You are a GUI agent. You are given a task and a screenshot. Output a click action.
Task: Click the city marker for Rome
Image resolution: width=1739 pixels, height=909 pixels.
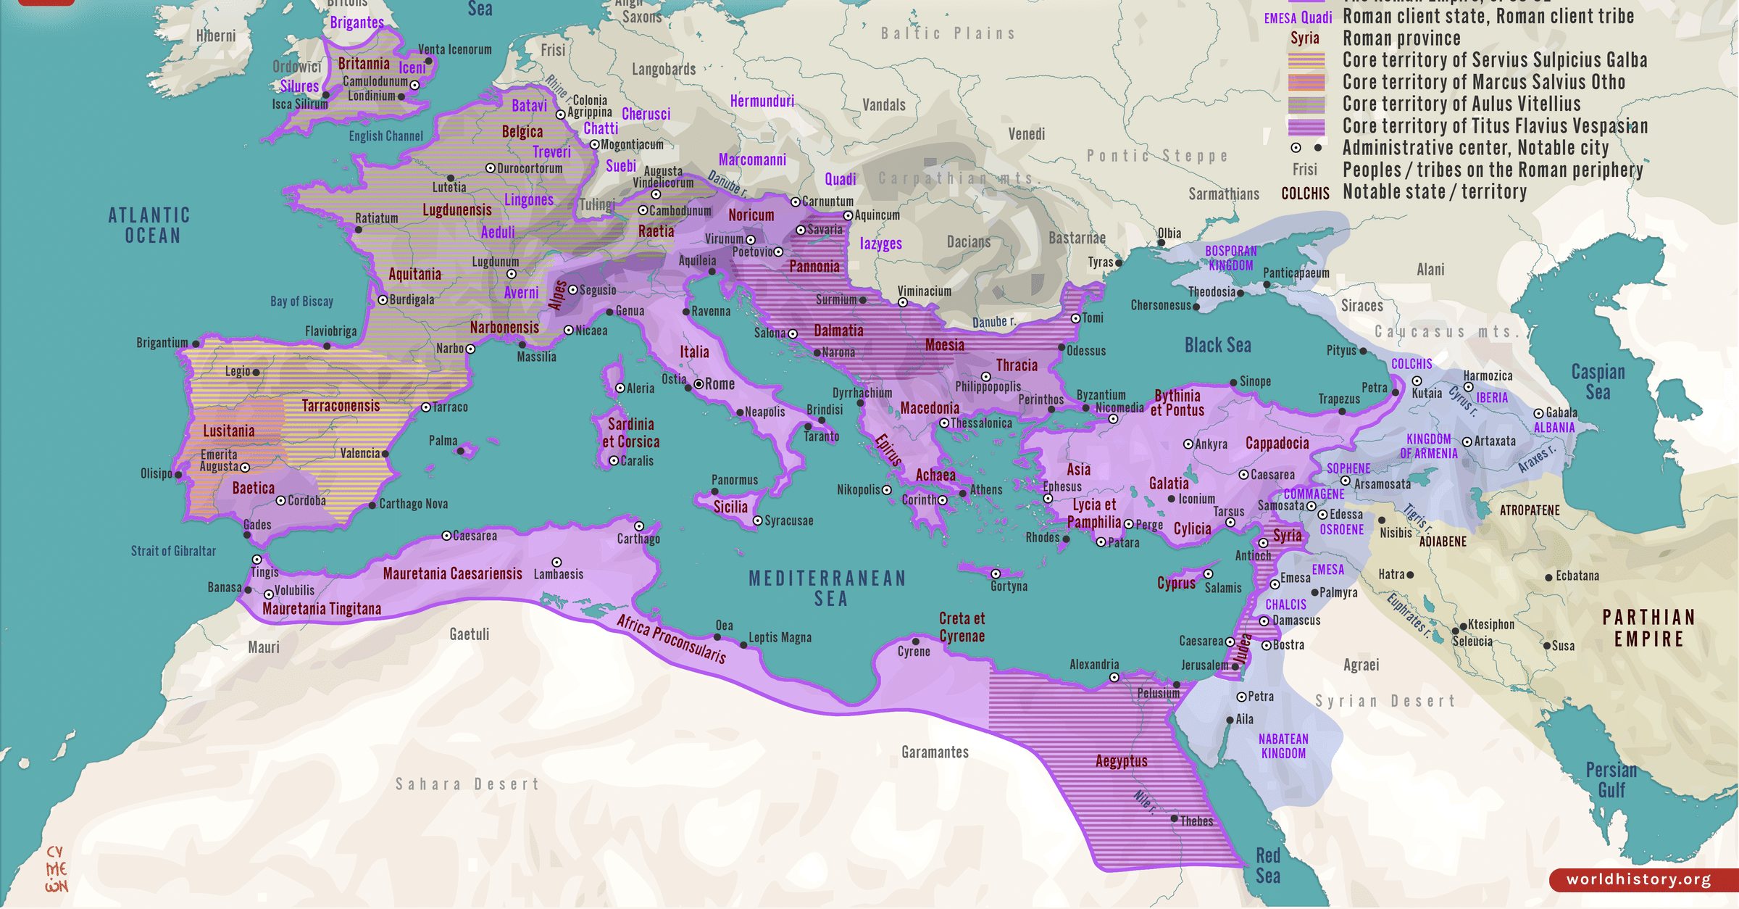tap(698, 384)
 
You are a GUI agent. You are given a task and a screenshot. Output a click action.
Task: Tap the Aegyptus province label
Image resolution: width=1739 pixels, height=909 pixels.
tap(1121, 761)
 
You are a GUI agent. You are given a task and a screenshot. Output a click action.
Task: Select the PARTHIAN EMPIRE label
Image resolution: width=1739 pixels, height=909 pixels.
tap(1648, 628)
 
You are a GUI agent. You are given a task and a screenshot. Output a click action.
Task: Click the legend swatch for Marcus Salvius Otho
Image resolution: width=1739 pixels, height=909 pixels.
tap(1306, 83)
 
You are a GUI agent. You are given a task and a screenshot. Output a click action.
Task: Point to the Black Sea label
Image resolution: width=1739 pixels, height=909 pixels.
tap(1217, 346)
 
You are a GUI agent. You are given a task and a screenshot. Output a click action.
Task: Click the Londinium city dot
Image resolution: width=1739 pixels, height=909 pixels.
tap(401, 96)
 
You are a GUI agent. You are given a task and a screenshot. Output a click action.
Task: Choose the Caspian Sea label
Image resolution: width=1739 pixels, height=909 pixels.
tap(1598, 382)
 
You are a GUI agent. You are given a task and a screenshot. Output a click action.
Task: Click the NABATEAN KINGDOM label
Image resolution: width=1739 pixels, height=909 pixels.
tap(1283, 746)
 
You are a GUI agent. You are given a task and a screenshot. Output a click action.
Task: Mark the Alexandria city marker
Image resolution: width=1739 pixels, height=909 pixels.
tap(1114, 678)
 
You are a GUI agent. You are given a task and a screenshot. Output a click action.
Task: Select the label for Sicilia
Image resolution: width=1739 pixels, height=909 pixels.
tap(730, 507)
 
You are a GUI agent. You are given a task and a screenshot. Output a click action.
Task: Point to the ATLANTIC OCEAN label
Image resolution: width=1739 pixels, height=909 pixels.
tap(150, 225)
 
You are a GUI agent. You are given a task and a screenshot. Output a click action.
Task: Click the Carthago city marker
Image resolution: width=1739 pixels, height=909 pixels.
tap(638, 526)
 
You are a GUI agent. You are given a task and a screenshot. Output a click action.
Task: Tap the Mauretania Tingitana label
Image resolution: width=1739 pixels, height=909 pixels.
tap(321, 609)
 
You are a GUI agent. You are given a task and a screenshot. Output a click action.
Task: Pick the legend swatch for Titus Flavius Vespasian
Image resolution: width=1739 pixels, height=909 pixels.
tap(1306, 127)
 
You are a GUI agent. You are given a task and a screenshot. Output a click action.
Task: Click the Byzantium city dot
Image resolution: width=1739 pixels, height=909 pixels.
tap(1085, 408)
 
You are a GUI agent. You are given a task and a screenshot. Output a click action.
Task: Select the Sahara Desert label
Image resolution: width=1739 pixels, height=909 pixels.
tap(467, 784)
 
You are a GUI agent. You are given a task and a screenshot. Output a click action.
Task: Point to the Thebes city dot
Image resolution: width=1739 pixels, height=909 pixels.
tap(1174, 818)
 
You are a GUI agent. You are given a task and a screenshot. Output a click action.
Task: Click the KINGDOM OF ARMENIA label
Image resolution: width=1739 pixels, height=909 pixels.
tap(1427, 447)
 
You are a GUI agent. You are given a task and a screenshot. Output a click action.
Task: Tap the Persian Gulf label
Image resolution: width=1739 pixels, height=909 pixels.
tap(1611, 780)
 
